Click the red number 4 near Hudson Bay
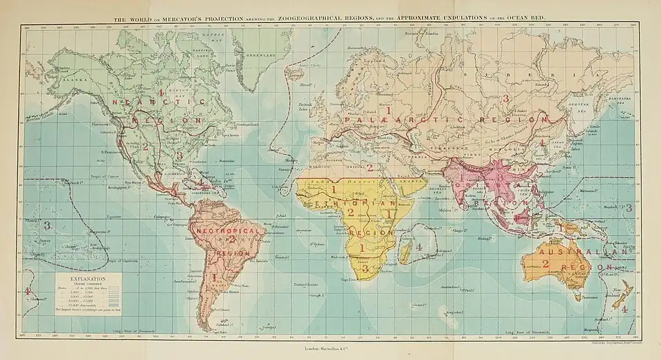(x=160, y=92)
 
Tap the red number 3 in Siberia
(x=505, y=98)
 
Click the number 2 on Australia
(x=545, y=263)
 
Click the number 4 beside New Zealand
(x=624, y=309)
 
